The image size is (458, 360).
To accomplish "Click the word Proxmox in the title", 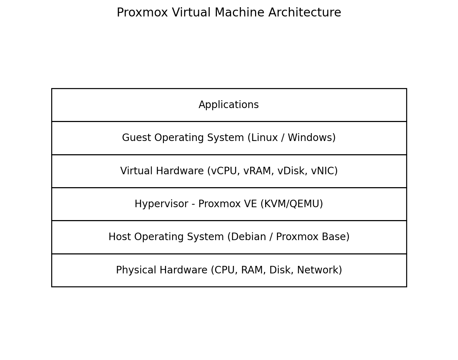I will (x=142, y=13).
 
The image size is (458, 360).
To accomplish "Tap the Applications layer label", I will (x=229, y=105).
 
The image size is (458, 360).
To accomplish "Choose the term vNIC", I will (x=324, y=171).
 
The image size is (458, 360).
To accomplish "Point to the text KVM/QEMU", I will (x=292, y=204).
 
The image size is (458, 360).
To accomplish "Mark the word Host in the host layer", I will (x=119, y=237).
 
